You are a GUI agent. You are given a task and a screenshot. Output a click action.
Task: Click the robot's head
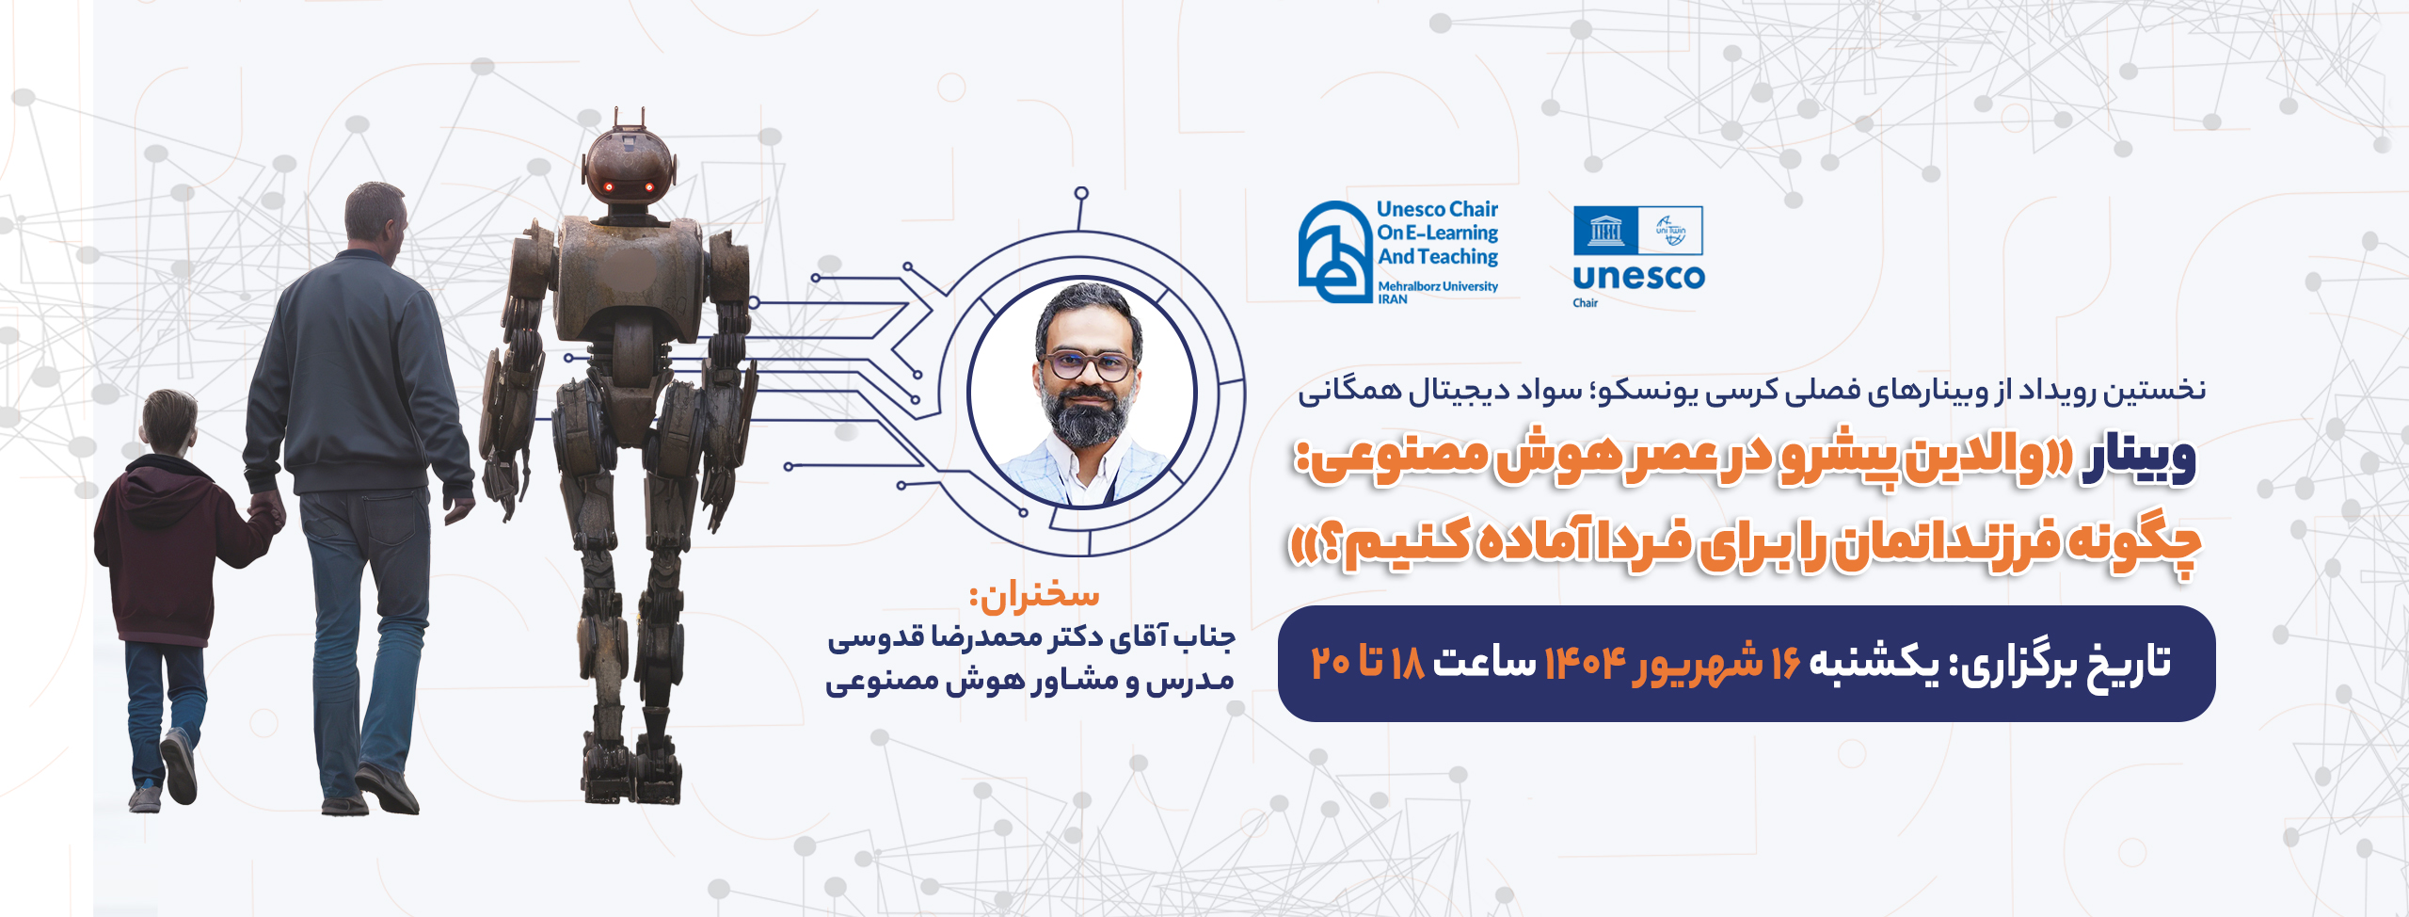[x=629, y=169]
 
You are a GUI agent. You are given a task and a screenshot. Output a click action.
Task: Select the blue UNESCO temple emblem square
[x=1605, y=231]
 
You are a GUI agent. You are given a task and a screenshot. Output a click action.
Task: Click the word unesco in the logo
[x=1638, y=277]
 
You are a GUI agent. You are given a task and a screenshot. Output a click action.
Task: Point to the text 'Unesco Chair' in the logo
[x=1437, y=209]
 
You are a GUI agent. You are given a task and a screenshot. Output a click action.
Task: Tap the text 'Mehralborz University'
[x=1438, y=286]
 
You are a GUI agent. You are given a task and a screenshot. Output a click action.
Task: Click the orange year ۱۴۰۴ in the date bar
[x=1585, y=664]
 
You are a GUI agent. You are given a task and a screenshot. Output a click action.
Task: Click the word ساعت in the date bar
[x=1484, y=664]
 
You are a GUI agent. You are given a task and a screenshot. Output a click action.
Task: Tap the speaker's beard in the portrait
[x=1087, y=414]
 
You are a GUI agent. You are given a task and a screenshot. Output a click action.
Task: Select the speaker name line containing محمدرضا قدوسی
[x=1031, y=639]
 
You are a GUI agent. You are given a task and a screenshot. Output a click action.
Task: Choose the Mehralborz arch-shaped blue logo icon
[x=1334, y=252]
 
